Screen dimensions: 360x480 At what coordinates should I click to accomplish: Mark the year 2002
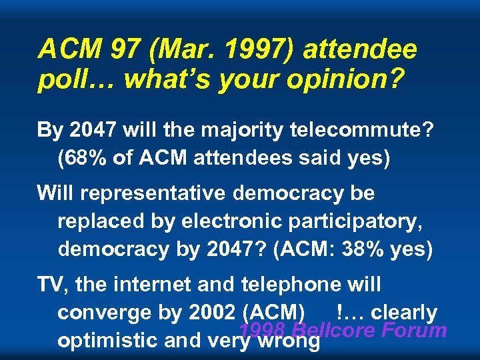[211, 312]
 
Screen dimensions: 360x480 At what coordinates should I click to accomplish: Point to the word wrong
[290, 340]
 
